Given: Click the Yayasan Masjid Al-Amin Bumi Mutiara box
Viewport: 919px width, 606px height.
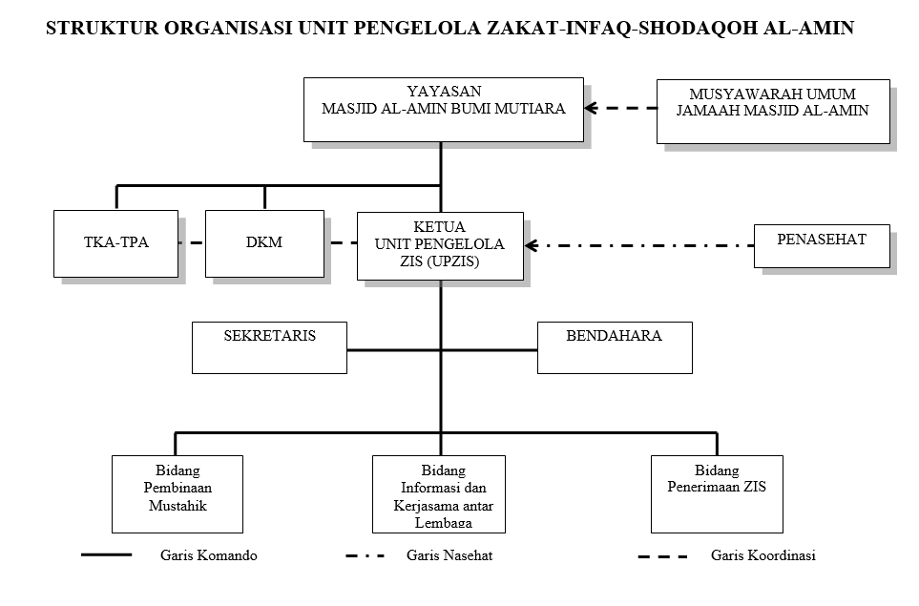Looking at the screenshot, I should (443, 110).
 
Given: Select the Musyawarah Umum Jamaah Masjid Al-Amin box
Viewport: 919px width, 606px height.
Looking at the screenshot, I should (772, 111).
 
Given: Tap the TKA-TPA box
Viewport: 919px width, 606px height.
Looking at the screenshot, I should (116, 242).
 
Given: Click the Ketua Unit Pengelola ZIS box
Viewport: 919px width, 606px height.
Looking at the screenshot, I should (440, 245).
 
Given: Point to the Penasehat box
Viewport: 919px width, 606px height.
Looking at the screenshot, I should (821, 245).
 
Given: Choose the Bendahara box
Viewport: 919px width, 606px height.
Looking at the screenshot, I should (614, 347).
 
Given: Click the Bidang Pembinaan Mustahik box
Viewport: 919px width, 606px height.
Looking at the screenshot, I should (177, 492).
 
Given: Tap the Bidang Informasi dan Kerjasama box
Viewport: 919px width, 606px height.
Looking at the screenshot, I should (438, 492).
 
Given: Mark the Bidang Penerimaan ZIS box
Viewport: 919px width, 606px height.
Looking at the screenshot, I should (716, 492).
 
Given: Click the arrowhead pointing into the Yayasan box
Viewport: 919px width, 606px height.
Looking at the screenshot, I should (592, 109).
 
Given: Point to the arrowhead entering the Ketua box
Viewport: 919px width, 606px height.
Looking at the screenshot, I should (532, 245).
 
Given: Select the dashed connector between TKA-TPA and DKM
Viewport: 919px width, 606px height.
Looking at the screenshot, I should (193, 242).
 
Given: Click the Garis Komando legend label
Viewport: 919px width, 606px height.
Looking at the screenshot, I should (208, 555).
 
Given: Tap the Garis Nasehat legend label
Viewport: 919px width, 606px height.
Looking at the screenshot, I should (449, 555).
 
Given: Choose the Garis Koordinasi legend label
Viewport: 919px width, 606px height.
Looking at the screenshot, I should (762, 555).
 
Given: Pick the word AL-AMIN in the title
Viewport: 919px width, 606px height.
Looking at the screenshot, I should (811, 30).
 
